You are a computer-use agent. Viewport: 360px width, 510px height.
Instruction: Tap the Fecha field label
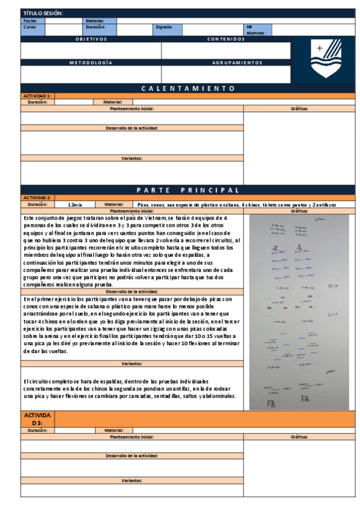pos(30,20)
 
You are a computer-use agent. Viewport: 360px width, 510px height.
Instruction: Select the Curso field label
pos(30,27)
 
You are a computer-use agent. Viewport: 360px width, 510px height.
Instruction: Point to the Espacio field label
pos(164,27)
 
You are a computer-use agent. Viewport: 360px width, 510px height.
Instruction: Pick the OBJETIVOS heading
pos(91,39)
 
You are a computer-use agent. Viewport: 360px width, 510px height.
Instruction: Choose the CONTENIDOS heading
pos(226,39)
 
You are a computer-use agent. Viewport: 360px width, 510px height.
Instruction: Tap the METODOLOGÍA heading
pos(91,62)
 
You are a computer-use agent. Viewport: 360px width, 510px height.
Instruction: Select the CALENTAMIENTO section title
pos(188,88)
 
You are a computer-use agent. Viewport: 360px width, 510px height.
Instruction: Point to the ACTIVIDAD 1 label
pos(37,96)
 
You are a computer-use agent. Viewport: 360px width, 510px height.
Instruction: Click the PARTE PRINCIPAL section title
pos(188,190)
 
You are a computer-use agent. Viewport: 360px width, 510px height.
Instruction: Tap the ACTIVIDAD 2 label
pos(37,198)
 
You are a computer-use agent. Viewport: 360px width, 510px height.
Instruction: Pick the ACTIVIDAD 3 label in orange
pos(37,419)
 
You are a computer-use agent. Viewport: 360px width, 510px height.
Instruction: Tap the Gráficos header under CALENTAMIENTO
pos(299,109)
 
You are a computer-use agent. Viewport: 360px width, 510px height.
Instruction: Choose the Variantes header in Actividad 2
pos(132,364)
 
